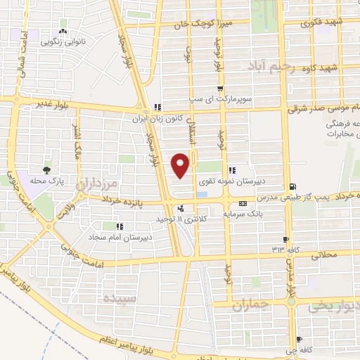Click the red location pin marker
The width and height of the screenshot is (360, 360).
point(181,165)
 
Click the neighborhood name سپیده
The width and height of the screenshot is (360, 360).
point(119,297)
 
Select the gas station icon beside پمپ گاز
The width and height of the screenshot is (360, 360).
point(292,186)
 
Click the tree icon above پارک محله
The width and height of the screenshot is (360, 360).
point(47,169)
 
